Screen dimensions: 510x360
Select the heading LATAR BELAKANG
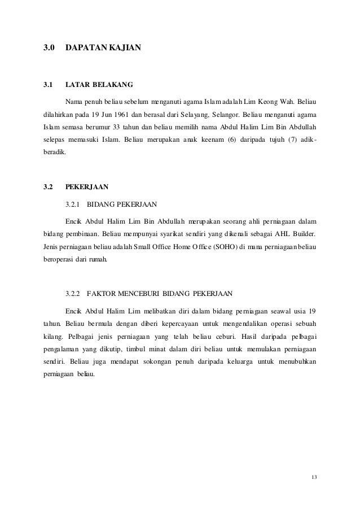(99, 85)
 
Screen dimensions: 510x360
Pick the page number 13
(314, 478)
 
